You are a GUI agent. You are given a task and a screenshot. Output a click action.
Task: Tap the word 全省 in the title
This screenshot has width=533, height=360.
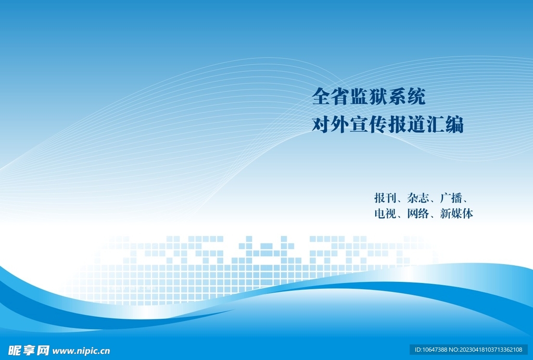point(331,96)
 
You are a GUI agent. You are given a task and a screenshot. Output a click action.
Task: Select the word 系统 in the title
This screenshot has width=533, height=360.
point(407,96)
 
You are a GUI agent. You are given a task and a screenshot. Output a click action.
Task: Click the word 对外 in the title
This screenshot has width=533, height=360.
point(331,125)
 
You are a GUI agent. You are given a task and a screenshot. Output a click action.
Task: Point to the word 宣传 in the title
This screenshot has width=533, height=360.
point(369,125)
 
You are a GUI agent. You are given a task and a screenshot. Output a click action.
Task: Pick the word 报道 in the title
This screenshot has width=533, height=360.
point(407,125)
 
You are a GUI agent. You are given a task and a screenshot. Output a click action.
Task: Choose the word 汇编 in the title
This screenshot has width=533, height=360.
point(445,125)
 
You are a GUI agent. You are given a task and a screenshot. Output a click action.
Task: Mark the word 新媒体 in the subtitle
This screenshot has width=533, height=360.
point(456,214)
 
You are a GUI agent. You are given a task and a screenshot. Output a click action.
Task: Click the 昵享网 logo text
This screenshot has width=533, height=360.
point(29,350)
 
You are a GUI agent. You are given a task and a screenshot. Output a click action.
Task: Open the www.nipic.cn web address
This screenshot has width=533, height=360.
point(81,351)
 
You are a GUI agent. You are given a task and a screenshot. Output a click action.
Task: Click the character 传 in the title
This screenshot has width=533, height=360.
point(378,125)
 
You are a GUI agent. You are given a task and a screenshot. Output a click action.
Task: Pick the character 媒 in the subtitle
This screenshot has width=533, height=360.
point(456,214)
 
